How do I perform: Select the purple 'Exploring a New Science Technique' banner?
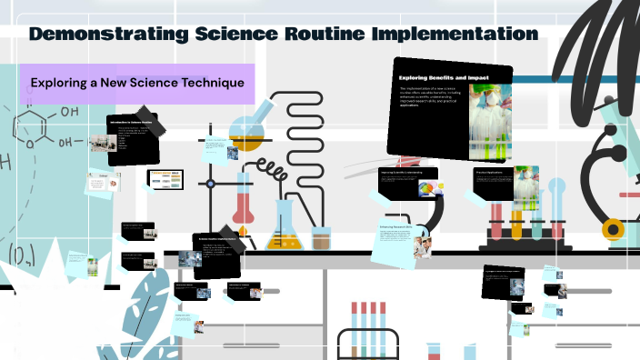136,83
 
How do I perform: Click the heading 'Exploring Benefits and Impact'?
445,78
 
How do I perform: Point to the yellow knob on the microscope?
615,228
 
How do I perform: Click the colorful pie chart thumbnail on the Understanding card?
427,188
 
